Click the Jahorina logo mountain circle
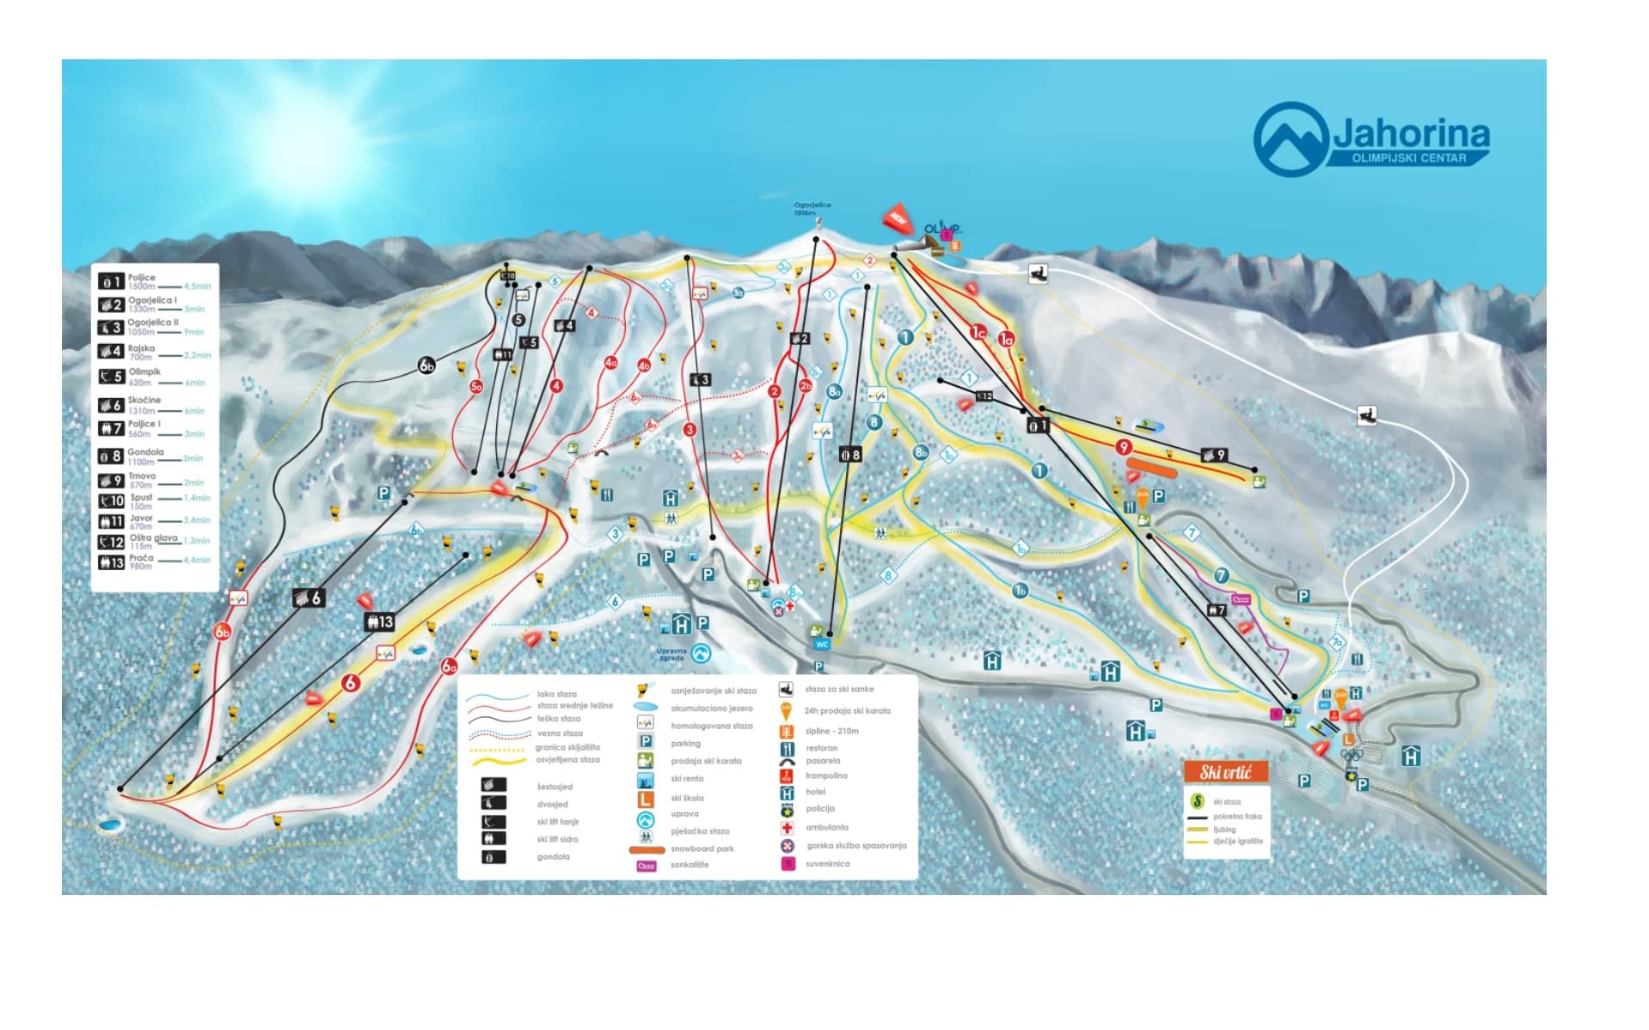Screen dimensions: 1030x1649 [1290, 138]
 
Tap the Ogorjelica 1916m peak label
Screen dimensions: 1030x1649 [812, 208]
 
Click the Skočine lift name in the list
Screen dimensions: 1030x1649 [144, 400]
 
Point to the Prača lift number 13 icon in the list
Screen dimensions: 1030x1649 [111, 562]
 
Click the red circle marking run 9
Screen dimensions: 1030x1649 [1123, 447]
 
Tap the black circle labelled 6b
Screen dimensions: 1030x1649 [426, 365]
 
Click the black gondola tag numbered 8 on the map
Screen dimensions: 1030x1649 [849, 455]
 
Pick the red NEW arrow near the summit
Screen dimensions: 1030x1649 [897, 218]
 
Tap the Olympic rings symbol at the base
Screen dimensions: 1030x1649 [1352, 755]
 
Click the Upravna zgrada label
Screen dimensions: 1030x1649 [671, 654]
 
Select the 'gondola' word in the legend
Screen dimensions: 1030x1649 [553, 856]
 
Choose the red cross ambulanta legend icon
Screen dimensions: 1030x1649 [786, 828]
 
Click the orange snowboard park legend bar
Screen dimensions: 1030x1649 [647, 849]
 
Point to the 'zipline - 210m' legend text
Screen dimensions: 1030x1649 [831, 731]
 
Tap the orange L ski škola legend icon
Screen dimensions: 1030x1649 [646, 799]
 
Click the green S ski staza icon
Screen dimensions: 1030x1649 [1197, 801]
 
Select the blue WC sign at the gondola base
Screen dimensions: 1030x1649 [822, 644]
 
